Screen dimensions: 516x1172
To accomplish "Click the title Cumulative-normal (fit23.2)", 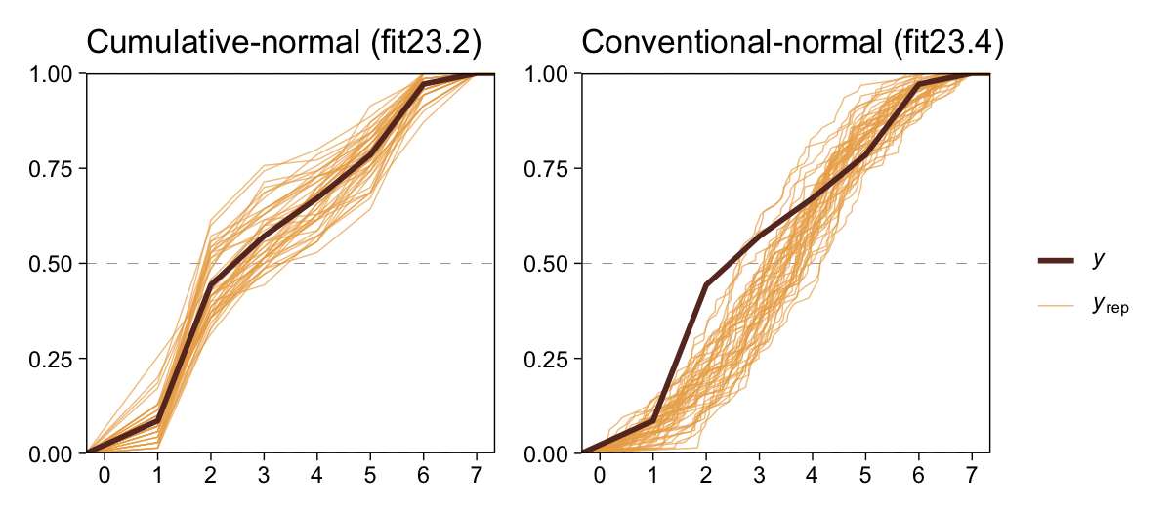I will [284, 42].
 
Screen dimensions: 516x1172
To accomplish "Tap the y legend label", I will [1099, 259].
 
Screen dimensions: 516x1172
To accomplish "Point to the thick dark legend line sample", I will [1058, 260].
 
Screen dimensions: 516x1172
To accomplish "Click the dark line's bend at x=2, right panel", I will [706, 285].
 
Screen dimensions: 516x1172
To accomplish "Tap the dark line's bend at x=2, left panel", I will [211, 285].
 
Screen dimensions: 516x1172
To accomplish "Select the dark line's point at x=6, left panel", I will [423, 85].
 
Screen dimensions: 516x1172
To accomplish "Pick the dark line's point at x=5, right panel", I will [865, 154].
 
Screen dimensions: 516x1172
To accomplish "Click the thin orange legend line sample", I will [1058, 307].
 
